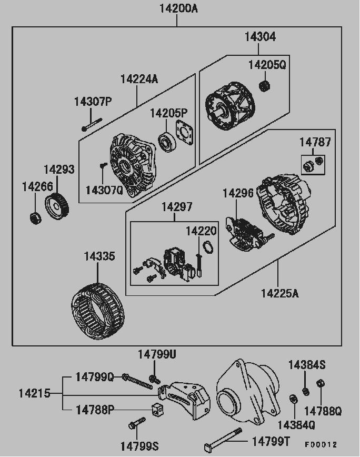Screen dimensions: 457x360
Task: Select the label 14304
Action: [259, 37]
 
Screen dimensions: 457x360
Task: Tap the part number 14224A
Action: [138, 79]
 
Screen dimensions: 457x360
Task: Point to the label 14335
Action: [99, 256]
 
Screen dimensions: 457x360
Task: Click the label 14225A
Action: [279, 293]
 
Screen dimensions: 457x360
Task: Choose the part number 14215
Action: [34, 393]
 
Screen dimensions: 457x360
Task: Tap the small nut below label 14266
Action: [34, 217]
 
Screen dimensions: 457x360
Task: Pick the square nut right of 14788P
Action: [156, 408]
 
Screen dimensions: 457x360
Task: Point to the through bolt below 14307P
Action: [92, 125]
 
